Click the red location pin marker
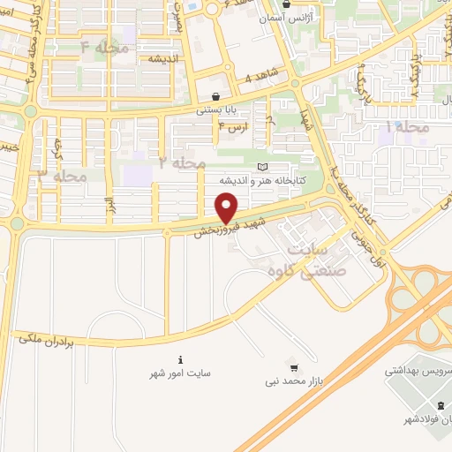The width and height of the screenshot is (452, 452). [227, 209]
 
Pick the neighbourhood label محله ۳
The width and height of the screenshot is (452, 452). [63, 175]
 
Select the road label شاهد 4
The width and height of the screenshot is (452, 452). [260, 78]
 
